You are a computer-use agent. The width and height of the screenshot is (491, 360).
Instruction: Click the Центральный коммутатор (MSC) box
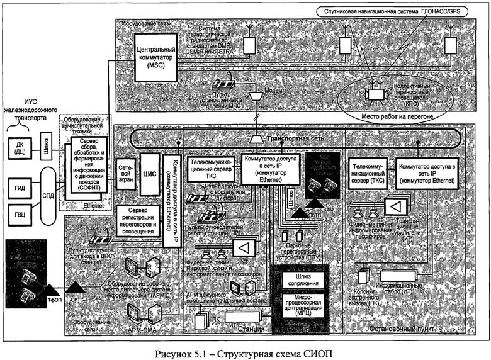click(x=155, y=57)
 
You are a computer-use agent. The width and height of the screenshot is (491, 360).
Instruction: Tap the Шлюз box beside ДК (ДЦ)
click(x=45, y=143)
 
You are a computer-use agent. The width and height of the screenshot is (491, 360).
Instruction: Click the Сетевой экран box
click(x=124, y=170)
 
